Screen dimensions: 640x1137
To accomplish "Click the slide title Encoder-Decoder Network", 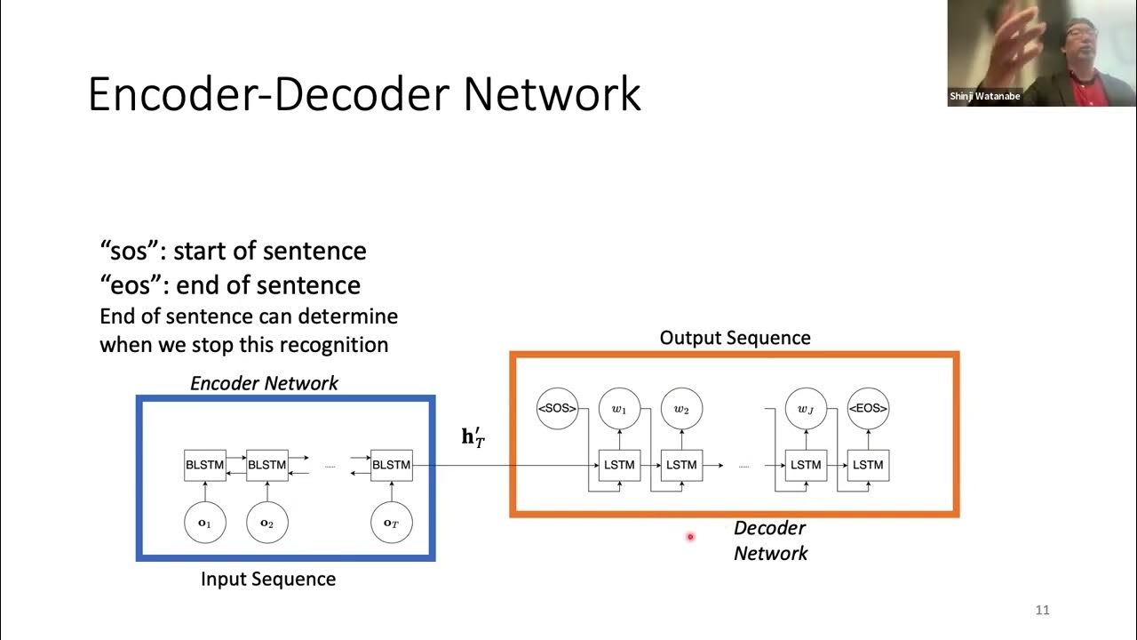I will [364, 94].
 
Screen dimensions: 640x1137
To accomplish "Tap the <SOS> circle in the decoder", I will [557, 409].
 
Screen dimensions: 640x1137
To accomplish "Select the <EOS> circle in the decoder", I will [868, 409].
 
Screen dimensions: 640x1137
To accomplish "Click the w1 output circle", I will [619, 409].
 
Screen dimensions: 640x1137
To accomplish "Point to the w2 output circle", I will [681, 409].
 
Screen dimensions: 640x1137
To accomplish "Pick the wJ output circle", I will [806, 409].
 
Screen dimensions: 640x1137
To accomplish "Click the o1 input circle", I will [205, 524].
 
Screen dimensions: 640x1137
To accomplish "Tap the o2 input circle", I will [266, 524].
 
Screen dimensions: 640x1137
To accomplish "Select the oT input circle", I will [392, 524].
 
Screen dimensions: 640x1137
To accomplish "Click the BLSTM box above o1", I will [205, 465].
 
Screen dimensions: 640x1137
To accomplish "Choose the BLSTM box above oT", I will [392, 465].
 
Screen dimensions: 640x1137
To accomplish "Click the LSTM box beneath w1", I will [619, 465].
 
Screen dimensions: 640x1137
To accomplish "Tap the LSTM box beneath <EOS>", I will [868, 465].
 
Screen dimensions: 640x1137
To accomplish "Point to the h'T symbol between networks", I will [473, 437].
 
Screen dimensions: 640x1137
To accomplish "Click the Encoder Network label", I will [264, 383].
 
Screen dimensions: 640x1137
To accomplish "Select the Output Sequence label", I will [735, 338].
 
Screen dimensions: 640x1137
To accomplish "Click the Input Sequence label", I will [268, 580].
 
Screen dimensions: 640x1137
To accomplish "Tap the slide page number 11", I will [1043, 610].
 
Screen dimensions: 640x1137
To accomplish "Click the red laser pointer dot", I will [689, 536].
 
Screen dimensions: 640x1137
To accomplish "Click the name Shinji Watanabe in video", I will [984, 97].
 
